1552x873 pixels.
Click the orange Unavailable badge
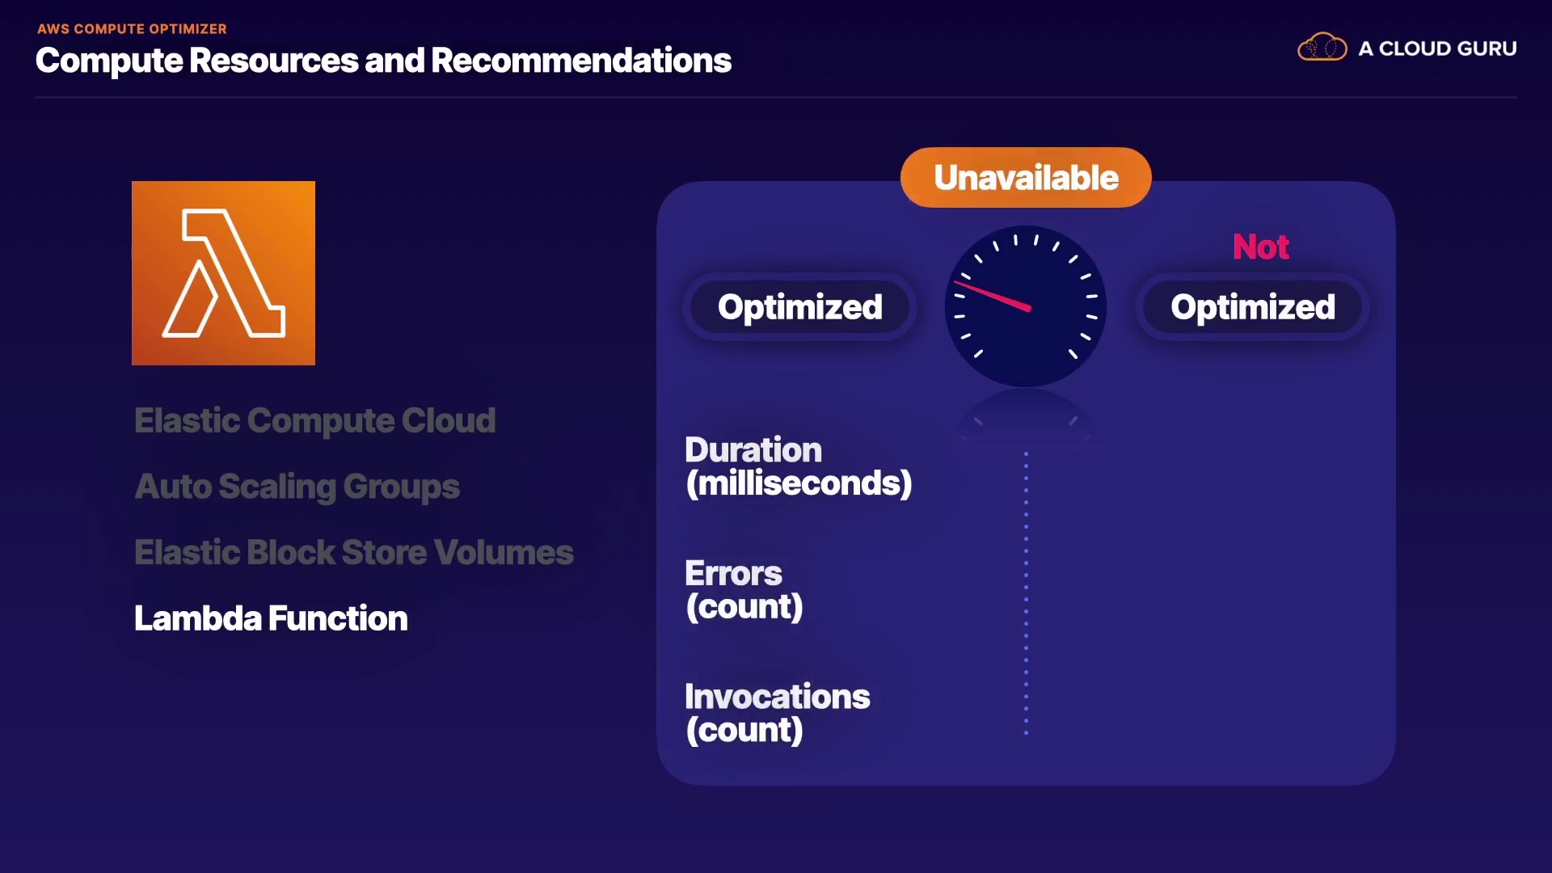[1026, 177]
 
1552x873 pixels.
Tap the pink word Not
[1260, 247]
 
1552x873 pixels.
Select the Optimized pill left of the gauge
[799, 307]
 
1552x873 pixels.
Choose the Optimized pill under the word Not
[1252, 307]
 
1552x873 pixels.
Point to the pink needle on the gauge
[993, 295]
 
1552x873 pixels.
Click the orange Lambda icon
[223, 273]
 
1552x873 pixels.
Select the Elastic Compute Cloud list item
[314, 420]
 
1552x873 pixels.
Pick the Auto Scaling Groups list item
[297, 487]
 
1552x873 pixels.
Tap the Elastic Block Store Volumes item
[353, 552]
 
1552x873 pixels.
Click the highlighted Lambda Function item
[271, 618]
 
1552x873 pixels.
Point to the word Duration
[753, 449]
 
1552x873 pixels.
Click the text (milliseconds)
[799, 483]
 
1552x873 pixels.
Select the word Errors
[733, 573]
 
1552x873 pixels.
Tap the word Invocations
[777, 697]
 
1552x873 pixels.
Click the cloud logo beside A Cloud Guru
[1322, 47]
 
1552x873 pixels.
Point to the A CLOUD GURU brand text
[1437, 48]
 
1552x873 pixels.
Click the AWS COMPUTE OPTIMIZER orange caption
[132, 29]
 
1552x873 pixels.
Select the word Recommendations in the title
[581, 61]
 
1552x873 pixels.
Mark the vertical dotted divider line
[1026, 593]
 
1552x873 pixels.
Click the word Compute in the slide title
[109, 61]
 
